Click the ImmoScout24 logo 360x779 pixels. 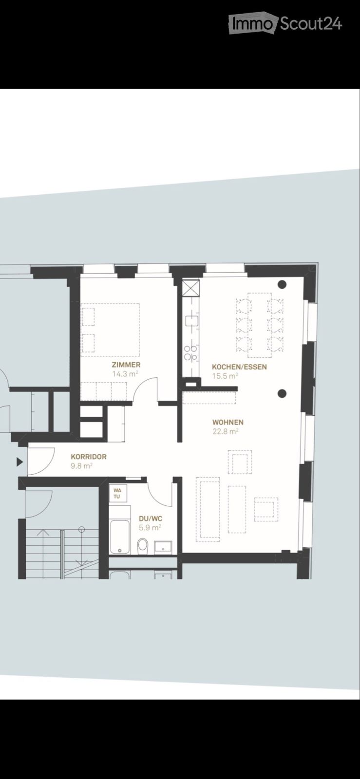[x=285, y=23]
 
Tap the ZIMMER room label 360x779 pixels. [x=126, y=365]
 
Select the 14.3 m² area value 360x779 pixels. [x=125, y=374]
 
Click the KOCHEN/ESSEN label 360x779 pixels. [x=239, y=367]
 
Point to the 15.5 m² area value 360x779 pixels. [x=225, y=376]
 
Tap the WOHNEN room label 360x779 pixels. [x=228, y=422]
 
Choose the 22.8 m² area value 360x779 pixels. [x=226, y=431]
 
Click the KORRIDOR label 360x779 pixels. [x=89, y=457]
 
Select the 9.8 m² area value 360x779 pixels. [x=81, y=466]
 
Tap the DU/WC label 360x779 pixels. [x=151, y=519]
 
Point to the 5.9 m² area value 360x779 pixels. [x=150, y=528]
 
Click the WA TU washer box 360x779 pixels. [x=118, y=493]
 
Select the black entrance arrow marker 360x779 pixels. [x=20, y=462]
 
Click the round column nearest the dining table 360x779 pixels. [x=282, y=284]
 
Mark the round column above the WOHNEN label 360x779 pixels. [x=282, y=394]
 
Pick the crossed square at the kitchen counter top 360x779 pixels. [x=191, y=288]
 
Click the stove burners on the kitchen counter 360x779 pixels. [x=190, y=352]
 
